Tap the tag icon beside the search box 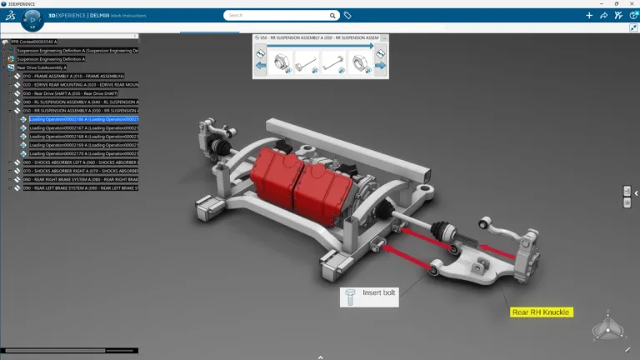point(347,15)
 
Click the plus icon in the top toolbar point(590,15)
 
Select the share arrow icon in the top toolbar point(603,15)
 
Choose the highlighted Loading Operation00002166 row point(83,119)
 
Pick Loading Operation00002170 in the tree point(83,153)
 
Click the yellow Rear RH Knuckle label point(541,312)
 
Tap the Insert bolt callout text point(379,293)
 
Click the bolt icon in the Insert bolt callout point(350,296)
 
